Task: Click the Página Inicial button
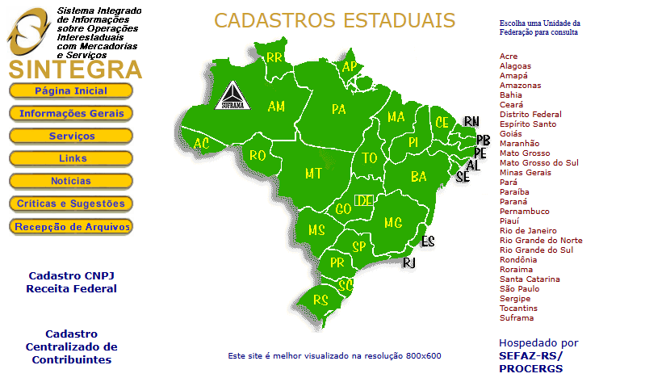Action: [x=71, y=90]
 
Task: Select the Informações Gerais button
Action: [x=71, y=113]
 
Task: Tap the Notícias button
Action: [x=71, y=181]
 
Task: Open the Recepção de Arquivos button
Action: [x=71, y=227]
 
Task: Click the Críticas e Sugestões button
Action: [x=71, y=204]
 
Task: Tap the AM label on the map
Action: [x=276, y=107]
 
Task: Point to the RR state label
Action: [x=274, y=57]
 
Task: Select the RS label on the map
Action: [x=321, y=300]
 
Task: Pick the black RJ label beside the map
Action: [x=409, y=262]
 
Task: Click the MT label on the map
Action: [x=314, y=173]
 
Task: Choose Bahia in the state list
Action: [x=511, y=95]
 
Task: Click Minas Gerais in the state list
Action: [x=526, y=173]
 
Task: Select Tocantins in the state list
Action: [x=518, y=309]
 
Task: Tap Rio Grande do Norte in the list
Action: [x=541, y=241]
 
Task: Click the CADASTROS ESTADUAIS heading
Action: [x=335, y=20]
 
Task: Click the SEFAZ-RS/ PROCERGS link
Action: [x=530, y=362]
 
